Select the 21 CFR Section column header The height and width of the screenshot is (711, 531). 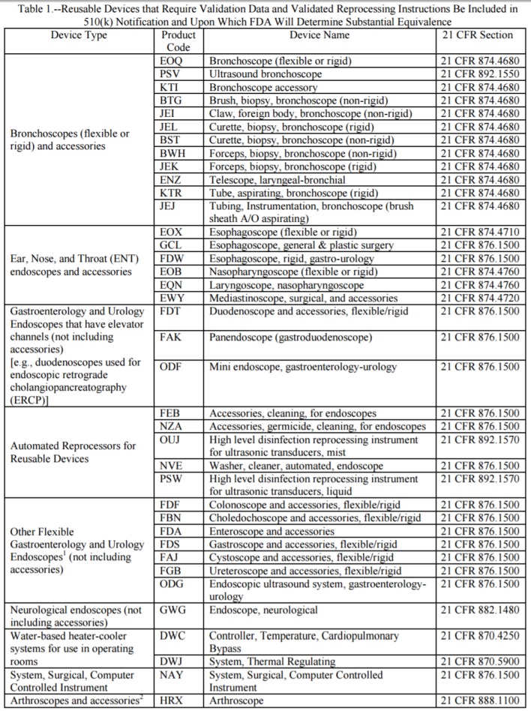477,35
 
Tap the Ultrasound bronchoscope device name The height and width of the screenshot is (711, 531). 265,74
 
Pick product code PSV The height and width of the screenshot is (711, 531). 171,74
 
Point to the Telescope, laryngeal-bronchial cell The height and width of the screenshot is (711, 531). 277,181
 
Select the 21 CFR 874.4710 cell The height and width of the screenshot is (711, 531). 478,232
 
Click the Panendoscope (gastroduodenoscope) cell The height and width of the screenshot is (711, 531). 290,338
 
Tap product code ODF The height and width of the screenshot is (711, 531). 171,366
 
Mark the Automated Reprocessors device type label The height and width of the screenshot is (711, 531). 73,451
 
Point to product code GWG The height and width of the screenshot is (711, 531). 173,610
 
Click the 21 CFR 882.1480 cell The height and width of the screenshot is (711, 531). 478,610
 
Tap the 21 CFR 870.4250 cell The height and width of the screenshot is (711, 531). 478,635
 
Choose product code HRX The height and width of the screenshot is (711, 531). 172,701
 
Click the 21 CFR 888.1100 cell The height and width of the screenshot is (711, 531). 478,701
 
